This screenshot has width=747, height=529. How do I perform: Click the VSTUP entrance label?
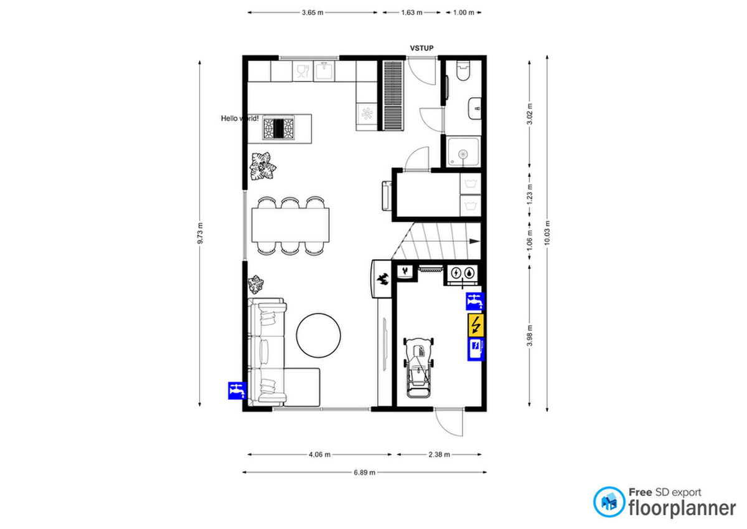pyautogui.click(x=421, y=48)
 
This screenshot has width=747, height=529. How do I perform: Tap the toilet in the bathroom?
pyautogui.click(x=463, y=70)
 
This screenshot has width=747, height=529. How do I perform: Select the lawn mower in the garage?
pyautogui.click(x=418, y=368)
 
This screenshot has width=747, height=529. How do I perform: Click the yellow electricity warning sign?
pyautogui.click(x=476, y=325)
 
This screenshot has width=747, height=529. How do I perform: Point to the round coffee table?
pyautogui.click(x=319, y=335)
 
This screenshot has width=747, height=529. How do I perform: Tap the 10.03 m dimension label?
pyautogui.click(x=547, y=232)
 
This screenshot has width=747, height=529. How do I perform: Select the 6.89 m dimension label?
pyautogui.click(x=365, y=472)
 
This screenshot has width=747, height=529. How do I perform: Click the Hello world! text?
pyautogui.click(x=240, y=118)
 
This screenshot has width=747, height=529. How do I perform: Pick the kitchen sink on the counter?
pyautogui.click(x=324, y=70)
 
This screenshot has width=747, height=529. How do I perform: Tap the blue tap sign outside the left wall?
pyautogui.click(x=237, y=391)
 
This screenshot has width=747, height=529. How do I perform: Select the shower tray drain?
pyautogui.click(x=463, y=154)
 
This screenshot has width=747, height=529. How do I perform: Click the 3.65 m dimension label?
pyautogui.click(x=312, y=12)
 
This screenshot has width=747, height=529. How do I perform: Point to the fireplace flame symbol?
pyautogui.click(x=383, y=279)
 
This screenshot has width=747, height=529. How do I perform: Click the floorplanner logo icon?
pyautogui.click(x=609, y=502)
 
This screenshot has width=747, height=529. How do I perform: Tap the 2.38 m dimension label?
pyautogui.click(x=439, y=454)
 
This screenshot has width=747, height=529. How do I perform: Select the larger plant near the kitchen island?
pyautogui.click(x=263, y=166)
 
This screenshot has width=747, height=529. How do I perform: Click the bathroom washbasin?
pyautogui.click(x=474, y=108)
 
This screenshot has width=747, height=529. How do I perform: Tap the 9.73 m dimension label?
pyautogui.click(x=200, y=233)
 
